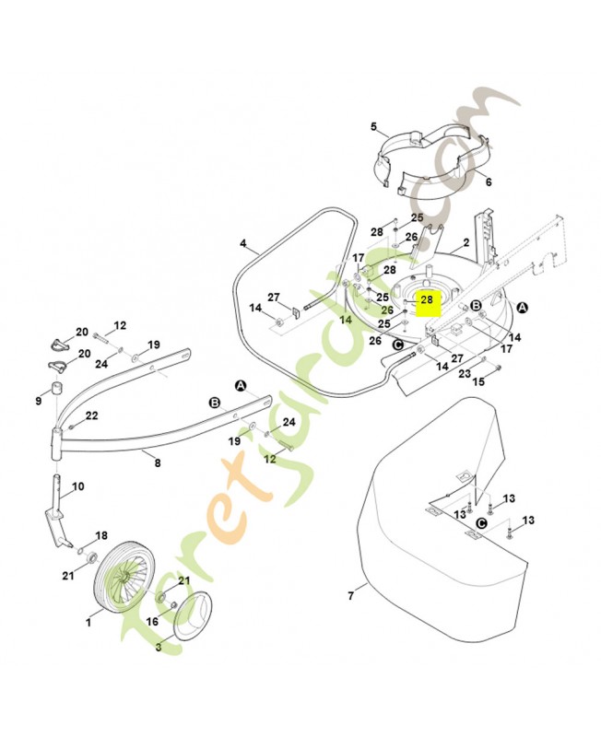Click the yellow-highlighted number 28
pyautogui.click(x=427, y=299)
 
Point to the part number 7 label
pyautogui.click(x=350, y=596)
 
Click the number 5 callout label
pyautogui.click(x=373, y=126)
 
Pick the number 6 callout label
pyautogui.click(x=489, y=181)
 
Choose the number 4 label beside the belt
pyautogui.click(x=242, y=243)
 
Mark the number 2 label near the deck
pyautogui.click(x=466, y=242)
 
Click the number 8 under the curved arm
pyautogui.click(x=158, y=462)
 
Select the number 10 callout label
pyautogui.click(x=78, y=486)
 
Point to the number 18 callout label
pyautogui.click(x=101, y=535)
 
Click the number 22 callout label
pyautogui.click(x=91, y=415)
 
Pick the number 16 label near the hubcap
pyautogui.click(x=152, y=621)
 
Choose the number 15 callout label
pyautogui.click(x=478, y=381)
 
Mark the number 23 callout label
pyautogui.click(x=465, y=374)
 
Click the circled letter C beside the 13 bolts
pyautogui.click(x=481, y=523)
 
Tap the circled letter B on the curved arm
pyautogui.click(x=215, y=403)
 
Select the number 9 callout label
pyautogui.click(x=39, y=401)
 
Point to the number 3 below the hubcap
pyautogui.click(x=159, y=648)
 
